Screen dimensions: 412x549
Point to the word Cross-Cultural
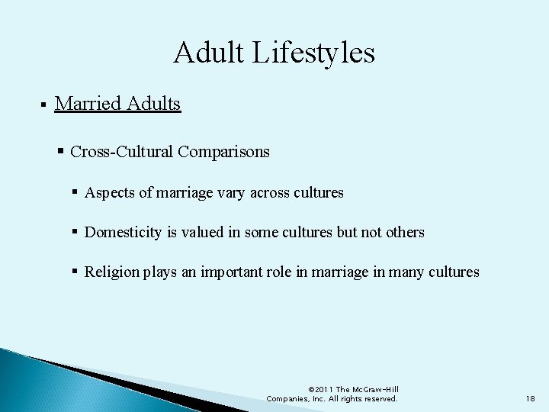[x=122, y=152]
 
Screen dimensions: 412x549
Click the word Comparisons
[x=223, y=152]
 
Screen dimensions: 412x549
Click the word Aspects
[x=111, y=193]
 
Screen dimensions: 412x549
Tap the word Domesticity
[x=122, y=232]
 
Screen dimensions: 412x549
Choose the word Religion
[x=111, y=272]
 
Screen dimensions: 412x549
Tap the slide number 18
[x=531, y=398]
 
